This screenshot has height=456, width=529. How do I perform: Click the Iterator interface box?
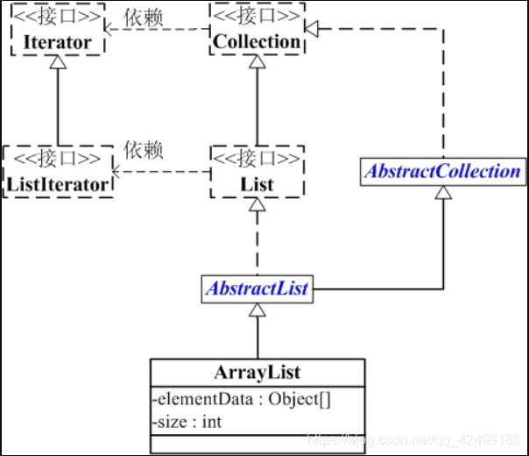click(x=57, y=32)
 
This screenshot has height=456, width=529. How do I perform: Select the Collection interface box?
click(x=257, y=32)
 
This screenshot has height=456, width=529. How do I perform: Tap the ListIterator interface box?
click(x=58, y=172)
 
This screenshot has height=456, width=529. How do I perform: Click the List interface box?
click(x=257, y=172)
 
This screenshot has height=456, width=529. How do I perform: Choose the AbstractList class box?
click(x=257, y=288)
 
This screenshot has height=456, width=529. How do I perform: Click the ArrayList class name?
click(x=257, y=372)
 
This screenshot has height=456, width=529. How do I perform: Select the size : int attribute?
click(x=187, y=421)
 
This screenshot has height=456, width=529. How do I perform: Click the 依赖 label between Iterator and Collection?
click(x=143, y=17)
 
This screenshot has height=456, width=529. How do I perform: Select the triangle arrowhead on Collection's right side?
click(x=310, y=29)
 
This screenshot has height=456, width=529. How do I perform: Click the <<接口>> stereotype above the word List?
click(x=257, y=160)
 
